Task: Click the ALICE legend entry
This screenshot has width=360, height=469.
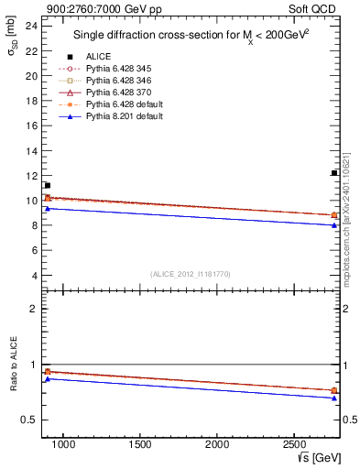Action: coord(98,57)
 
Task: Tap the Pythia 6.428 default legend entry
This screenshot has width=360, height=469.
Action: coord(125,104)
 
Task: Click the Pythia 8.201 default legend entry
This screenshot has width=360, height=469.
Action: coord(125,116)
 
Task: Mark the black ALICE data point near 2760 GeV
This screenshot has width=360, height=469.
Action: coord(334,173)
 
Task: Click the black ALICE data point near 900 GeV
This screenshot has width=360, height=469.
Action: coord(47,185)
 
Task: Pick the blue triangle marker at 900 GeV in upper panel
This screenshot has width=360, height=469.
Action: coord(47,209)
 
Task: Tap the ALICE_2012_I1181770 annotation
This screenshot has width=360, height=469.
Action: coord(191,273)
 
